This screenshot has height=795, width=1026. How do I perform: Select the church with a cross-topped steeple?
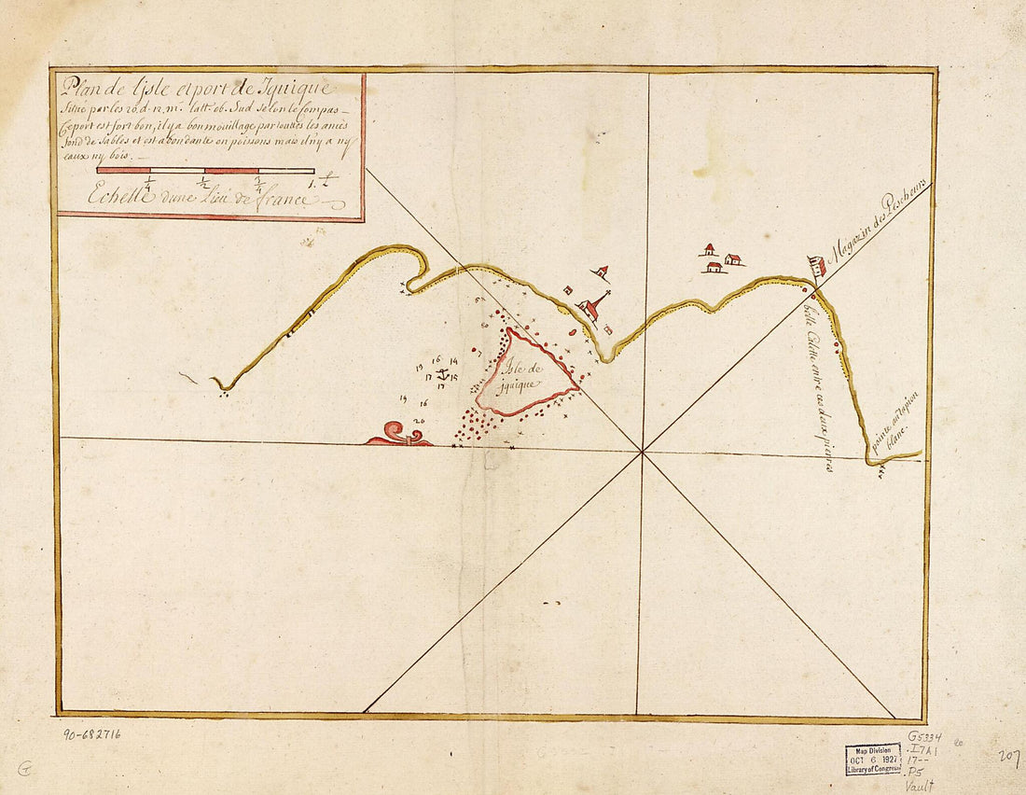(x=590, y=308)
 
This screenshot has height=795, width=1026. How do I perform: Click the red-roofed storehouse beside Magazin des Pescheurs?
(x=818, y=267)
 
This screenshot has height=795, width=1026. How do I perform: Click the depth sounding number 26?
(x=418, y=422)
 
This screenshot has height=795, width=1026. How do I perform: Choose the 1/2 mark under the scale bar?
(x=204, y=184)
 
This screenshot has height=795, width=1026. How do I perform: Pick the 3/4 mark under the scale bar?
(x=258, y=184)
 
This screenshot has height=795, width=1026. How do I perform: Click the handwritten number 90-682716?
(x=91, y=734)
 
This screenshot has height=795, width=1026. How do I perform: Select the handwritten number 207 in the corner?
(x=1006, y=756)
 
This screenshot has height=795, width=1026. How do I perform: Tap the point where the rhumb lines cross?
(x=642, y=453)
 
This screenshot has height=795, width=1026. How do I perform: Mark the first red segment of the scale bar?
(x=123, y=171)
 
